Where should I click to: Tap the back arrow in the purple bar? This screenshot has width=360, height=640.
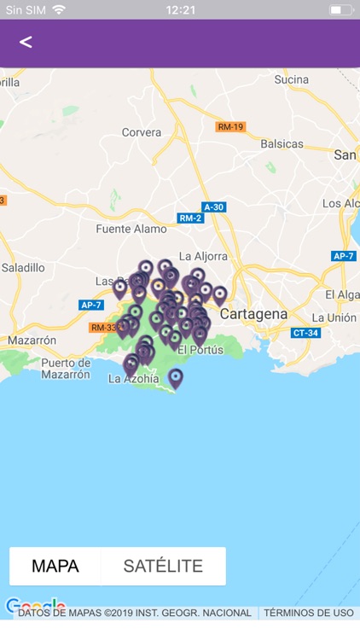[x=26, y=42]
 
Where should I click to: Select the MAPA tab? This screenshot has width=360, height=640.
[x=55, y=566]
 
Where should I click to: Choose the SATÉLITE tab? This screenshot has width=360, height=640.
[x=163, y=566]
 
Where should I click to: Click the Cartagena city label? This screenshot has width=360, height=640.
[x=253, y=314]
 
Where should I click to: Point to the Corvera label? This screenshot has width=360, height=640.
[x=141, y=132]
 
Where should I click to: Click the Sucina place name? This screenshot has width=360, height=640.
[x=291, y=79]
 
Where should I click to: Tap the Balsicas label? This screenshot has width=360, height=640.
[x=281, y=143]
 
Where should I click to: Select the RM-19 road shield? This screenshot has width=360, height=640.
[x=230, y=127]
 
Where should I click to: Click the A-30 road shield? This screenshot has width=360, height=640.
[x=214, y=207]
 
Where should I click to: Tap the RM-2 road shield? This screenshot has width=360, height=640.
[x=191, y=218]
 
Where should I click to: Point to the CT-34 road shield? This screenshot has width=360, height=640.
[x=305, y=333]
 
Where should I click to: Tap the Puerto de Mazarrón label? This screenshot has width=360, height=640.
[x=66, y=369]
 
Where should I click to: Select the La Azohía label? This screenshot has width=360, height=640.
[x=133, y=380]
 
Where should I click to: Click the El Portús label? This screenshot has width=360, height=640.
[x=200, y=350]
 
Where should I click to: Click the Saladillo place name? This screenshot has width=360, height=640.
[x=23, y=267]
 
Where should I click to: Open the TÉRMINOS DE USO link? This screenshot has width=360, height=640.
[x=308, y=613]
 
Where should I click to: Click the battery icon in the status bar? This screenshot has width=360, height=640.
[x=340, y=9]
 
